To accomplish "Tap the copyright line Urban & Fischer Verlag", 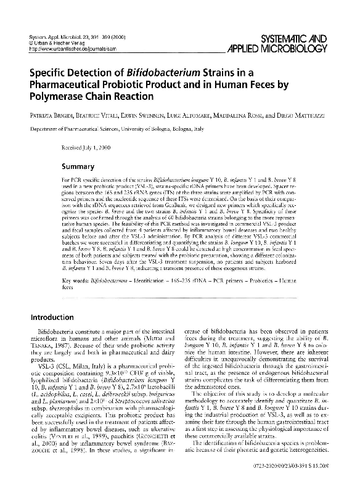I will click(x=59, y=44).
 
